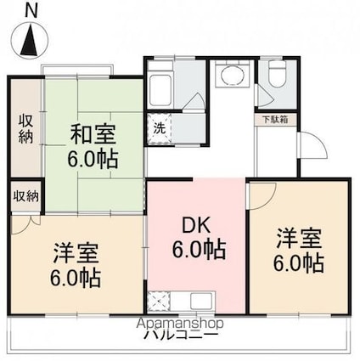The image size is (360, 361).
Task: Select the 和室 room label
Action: pyautogui.click(x=93, y=135)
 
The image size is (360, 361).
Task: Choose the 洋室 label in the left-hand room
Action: pyautogui.click(x=76, y=252)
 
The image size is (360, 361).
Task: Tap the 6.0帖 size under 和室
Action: pyautogui.click(x=93, y=158)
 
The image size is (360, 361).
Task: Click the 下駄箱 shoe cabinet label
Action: pyautogui.click(x=274, y=120)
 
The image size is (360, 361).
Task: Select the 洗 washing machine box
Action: pyautogui.click(x=159, y=129)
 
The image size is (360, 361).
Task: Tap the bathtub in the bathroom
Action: pyautogui.click(x=160, y=86)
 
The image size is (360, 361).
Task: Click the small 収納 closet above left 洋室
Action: pyautogui.click(x=25, y=196)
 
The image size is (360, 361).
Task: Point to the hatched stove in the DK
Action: pyautogui.click(x=160, y=301)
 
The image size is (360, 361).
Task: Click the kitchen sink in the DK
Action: pyautogui.click(x=205, y=301)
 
